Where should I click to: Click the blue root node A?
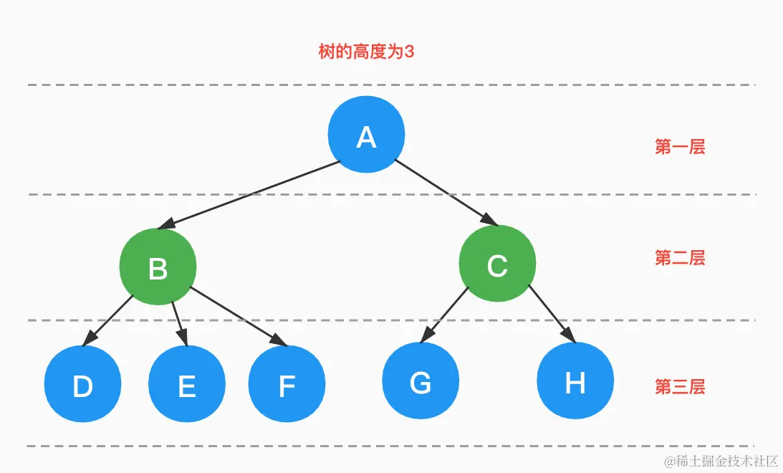(x=366, y=135)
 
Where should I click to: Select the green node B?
(x=158, y=267)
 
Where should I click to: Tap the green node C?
(x=496, y=264)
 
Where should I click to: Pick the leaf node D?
(x=82, y=385)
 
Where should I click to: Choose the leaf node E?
(x=186, y=385)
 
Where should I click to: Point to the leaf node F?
(x=287, y=385)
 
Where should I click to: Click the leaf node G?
(x=421, y=382)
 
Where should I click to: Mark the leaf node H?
(x=575, y=382)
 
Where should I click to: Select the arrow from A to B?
(x=251, y=195)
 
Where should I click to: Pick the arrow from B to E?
(x=178, y=322)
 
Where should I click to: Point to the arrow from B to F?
(x=236, y=315)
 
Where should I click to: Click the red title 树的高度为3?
(x=366, y=52)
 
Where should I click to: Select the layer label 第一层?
(x=679, y=147)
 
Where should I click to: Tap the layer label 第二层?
(x=679, y=258)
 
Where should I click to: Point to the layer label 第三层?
(x=679, y=387)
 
